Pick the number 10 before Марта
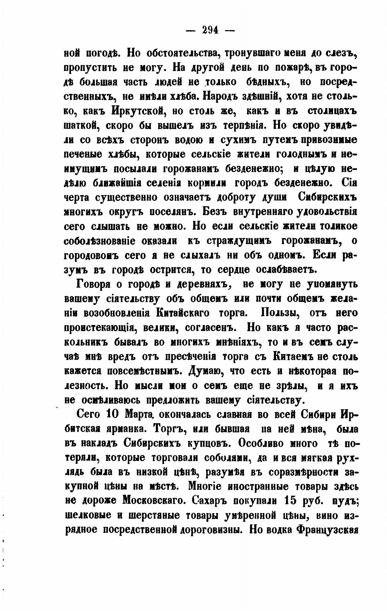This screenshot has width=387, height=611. (x=113, y=415)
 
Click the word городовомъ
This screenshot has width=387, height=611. (x=92, y=255)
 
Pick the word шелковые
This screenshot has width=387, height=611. (x=88, y=515)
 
